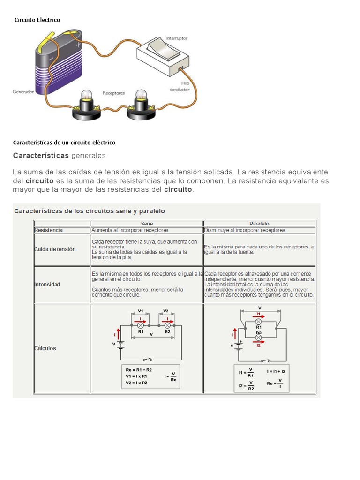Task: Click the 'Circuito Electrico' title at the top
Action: click(37, 20)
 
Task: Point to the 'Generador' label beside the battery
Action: click(23, 92)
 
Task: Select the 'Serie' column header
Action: click(147, 224)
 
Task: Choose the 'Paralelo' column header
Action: click(259, 224)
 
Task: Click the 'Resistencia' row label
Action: click(49, 230)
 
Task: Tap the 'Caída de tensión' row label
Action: click(55, 249)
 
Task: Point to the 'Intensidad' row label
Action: click(47, 285)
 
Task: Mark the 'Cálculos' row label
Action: click(45, 348)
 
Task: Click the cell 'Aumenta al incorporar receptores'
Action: click(130, 230)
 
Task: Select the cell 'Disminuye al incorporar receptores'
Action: click(245, 230)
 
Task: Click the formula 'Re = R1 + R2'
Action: click(139, 370)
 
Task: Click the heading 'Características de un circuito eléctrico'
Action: click(64, 142)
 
